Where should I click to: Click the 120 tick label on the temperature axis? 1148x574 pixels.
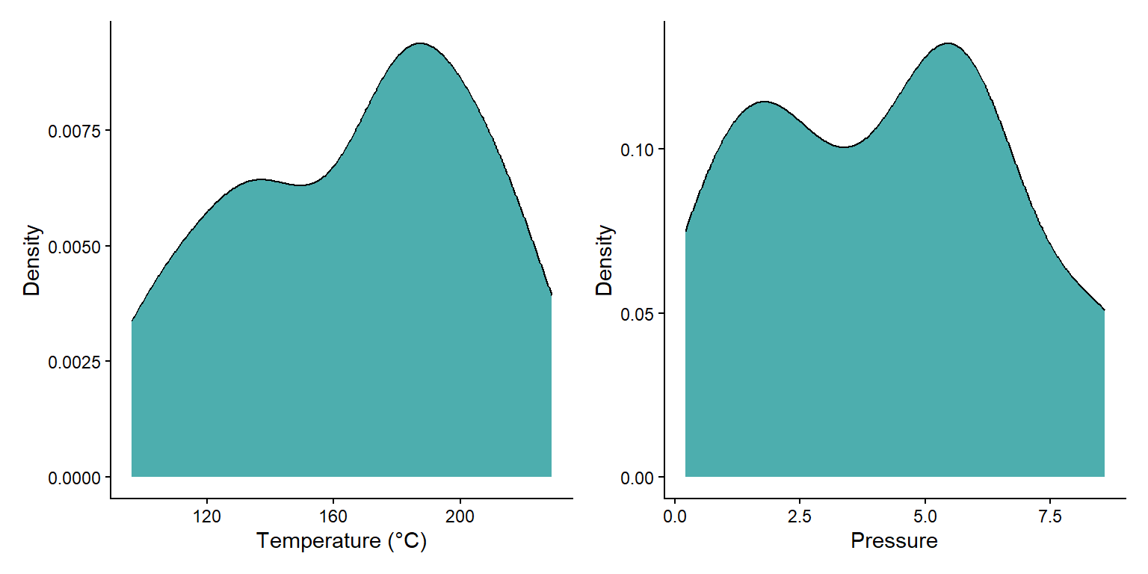pos(206,516)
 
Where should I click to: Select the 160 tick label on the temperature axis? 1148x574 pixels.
pos(333,516)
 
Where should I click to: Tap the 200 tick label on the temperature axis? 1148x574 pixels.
pos(460,516)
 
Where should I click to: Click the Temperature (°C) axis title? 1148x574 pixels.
pos(342,540)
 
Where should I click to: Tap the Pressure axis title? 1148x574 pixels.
pos(894,540)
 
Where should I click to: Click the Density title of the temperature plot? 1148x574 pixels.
pos(31,260)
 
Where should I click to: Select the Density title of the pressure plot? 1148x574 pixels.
pos(605,260)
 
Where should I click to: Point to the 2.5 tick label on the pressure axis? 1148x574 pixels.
pos(800,516)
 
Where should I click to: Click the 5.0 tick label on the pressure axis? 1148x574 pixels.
pos(925,516)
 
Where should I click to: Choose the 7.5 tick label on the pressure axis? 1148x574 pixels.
pos(1050,516)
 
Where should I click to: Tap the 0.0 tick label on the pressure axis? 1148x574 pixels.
pos(675,516)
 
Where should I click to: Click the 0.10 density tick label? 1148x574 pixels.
pos(637,149)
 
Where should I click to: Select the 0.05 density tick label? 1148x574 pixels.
pos(637,314)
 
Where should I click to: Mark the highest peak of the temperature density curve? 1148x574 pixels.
pos(420,43)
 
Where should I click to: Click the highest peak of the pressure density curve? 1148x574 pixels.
pos(948,43)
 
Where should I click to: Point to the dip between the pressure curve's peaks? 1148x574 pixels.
pos(844,146)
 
